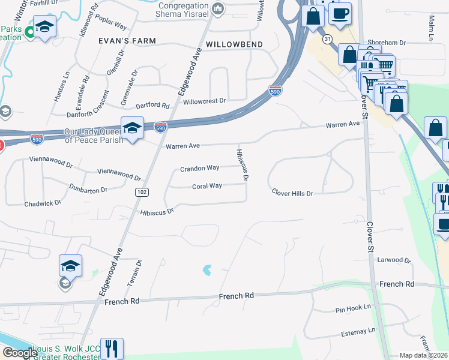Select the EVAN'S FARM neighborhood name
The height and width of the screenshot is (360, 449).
(127, 41)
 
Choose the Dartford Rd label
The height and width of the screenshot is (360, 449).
(149, 105)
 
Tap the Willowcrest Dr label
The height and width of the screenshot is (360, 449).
(205, 101)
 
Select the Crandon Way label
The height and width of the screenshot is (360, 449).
(200, 169)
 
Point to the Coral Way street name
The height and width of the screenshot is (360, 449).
(207, 186)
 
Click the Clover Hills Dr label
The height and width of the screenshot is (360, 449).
(292, 193)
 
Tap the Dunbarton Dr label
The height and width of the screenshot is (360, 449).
(88, 188)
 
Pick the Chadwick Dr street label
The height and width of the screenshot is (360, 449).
(43, 203)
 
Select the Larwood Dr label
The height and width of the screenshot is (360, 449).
(393, 260)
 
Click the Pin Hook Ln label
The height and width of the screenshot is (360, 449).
(354, 308)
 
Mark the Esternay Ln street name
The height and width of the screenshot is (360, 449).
(355, 331)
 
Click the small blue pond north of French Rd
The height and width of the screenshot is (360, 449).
(208, 270)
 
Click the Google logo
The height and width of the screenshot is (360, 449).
(20, 353)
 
